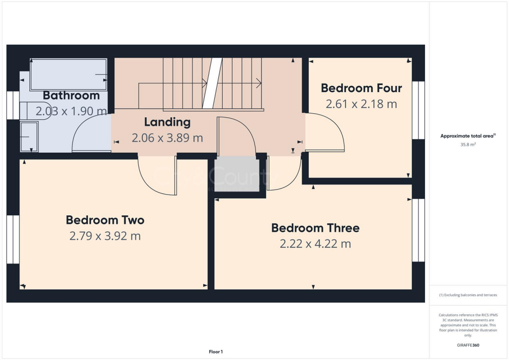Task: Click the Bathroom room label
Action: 71,95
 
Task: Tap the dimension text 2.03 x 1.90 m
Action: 71,111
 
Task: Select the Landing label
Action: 167,122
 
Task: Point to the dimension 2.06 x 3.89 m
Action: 167,138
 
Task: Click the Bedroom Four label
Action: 361,89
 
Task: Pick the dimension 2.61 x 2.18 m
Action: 361,104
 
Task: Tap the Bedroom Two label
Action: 105,220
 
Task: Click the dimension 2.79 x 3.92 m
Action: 105,236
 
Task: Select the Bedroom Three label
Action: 315,228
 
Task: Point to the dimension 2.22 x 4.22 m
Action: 315,244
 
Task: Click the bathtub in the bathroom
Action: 69,75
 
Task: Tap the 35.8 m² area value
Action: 468,145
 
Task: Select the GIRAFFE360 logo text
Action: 468,345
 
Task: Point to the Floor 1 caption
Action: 216,352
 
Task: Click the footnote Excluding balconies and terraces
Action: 468,295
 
